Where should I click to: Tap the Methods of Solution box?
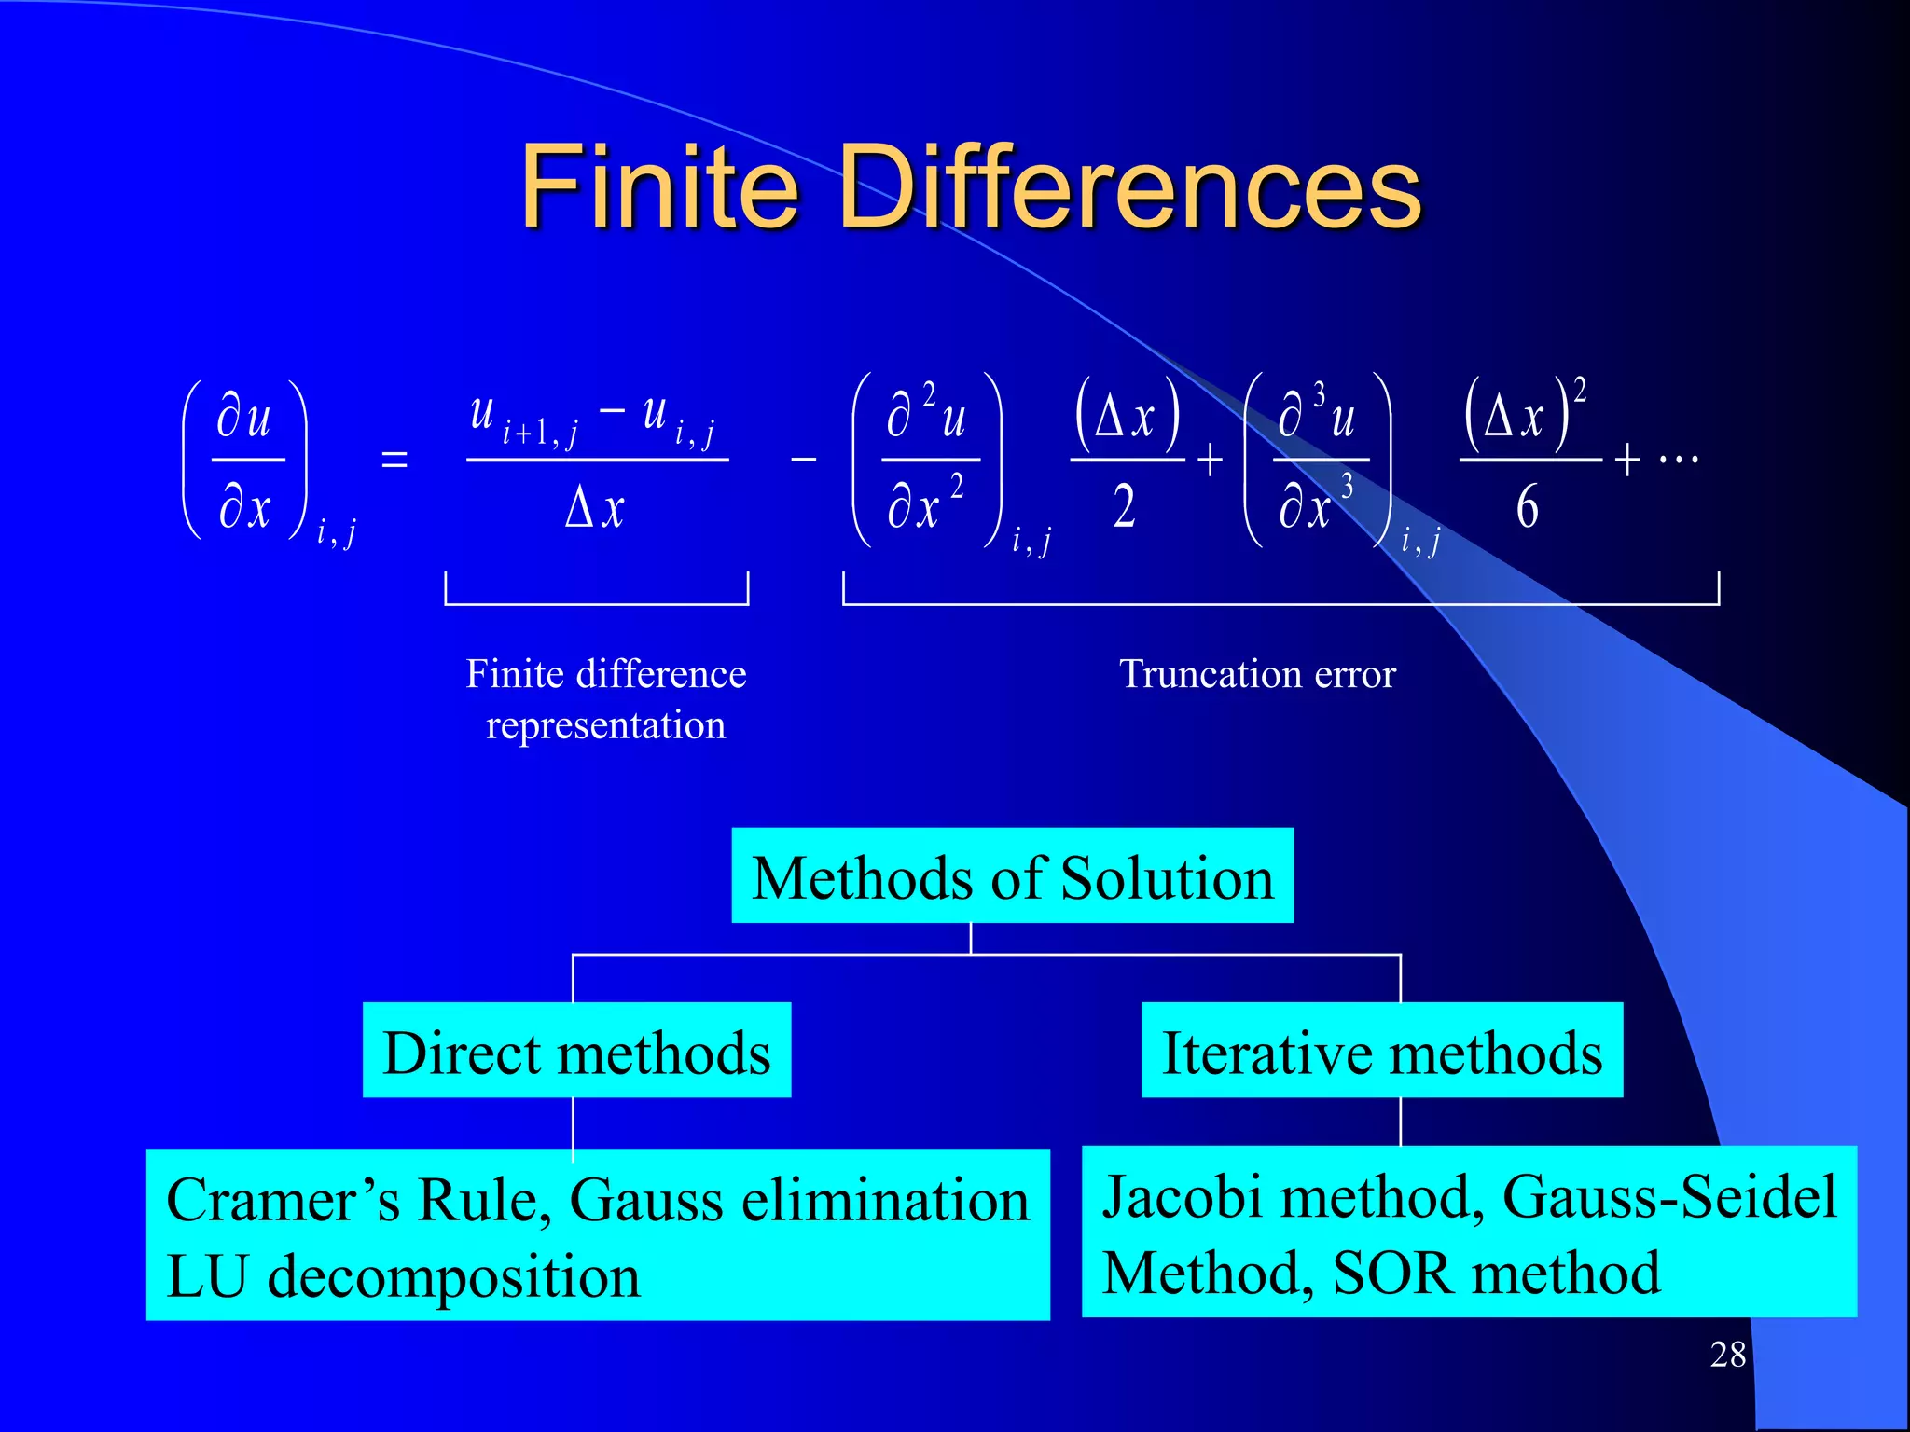click(x=1012, y=876)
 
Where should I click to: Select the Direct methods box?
click(x=576, y=1052)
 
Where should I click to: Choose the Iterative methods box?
click(x=1381, y=1052)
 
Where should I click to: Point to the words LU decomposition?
click(x=403, y=1276)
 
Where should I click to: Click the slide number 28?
click(x=1727, y=1355)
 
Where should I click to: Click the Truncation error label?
click(x=1257, y=674)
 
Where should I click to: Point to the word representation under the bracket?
click(x=605, y=725)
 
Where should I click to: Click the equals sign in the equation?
click(x=394, y=460)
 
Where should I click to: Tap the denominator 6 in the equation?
click(x=1527, y=508)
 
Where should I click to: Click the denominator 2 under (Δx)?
click(x=1125, y=508)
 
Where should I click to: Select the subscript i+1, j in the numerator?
click(x=540, y=434)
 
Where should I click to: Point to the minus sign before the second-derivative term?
click(x=803, y=460)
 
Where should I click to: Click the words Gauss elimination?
click(x=798, y=1200)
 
